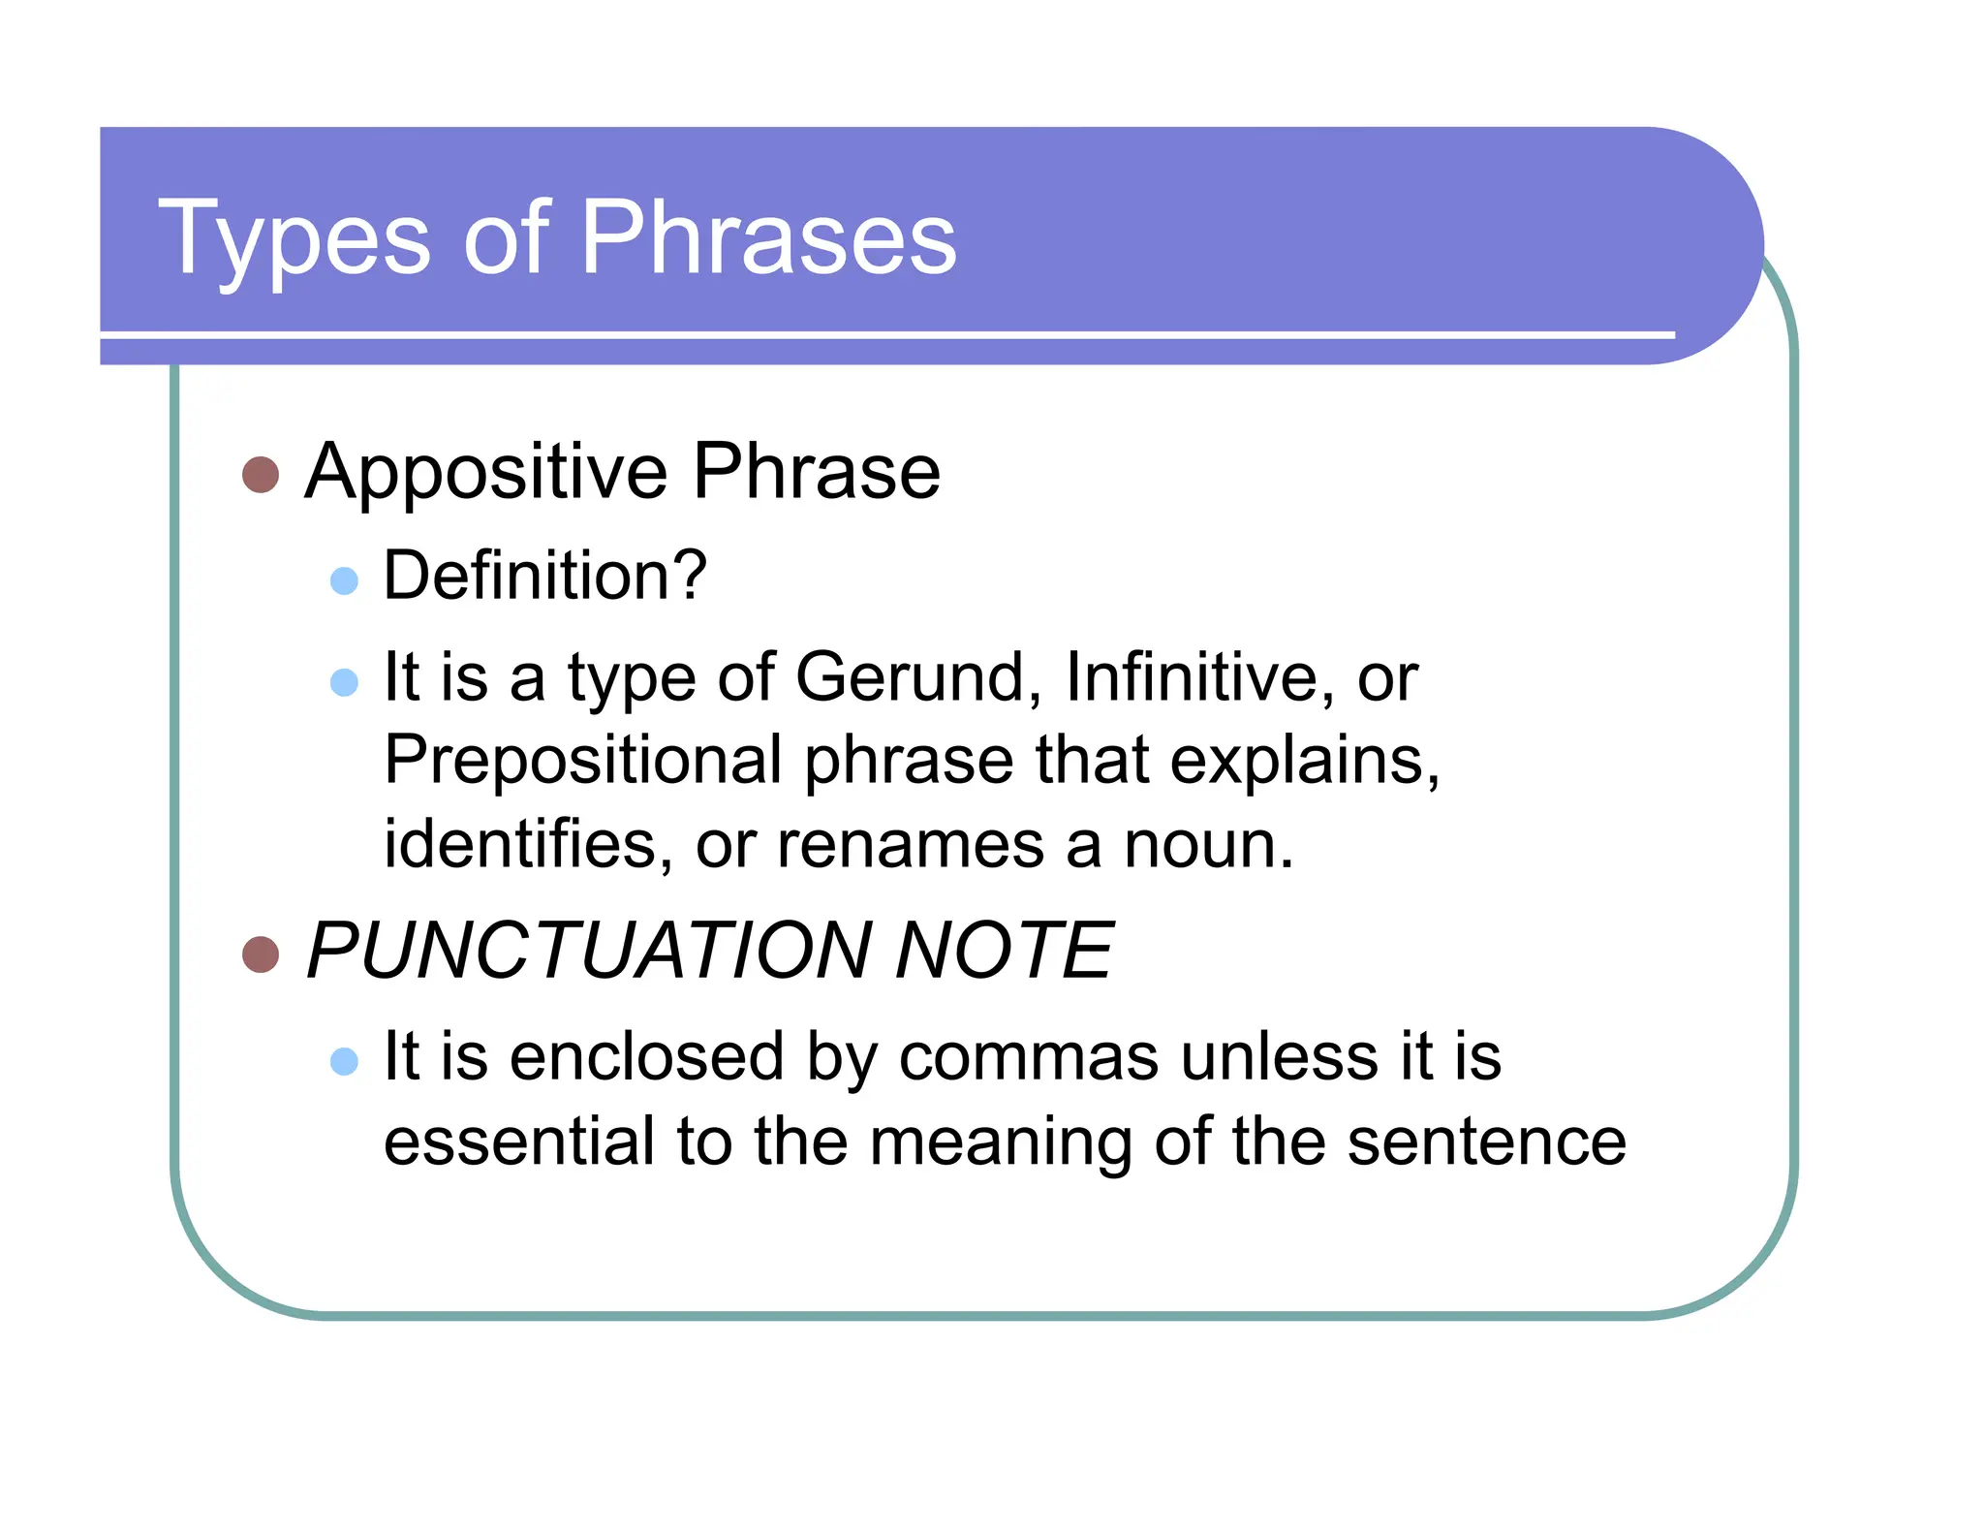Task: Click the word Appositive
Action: point(485,473)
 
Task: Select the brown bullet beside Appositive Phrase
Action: point(261,475)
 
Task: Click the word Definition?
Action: point(545,576)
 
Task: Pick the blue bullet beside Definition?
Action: point(344,581)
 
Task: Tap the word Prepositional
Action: point(582,760)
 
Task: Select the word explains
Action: point(1304,762)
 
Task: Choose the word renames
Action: point(911,845)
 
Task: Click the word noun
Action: point(1207,845)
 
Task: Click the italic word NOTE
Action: point(1004,951)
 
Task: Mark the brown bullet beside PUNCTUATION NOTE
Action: point(261,954)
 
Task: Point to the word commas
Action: point(1028,1056)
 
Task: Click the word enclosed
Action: point(646,1056)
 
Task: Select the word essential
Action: point(519,1141)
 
